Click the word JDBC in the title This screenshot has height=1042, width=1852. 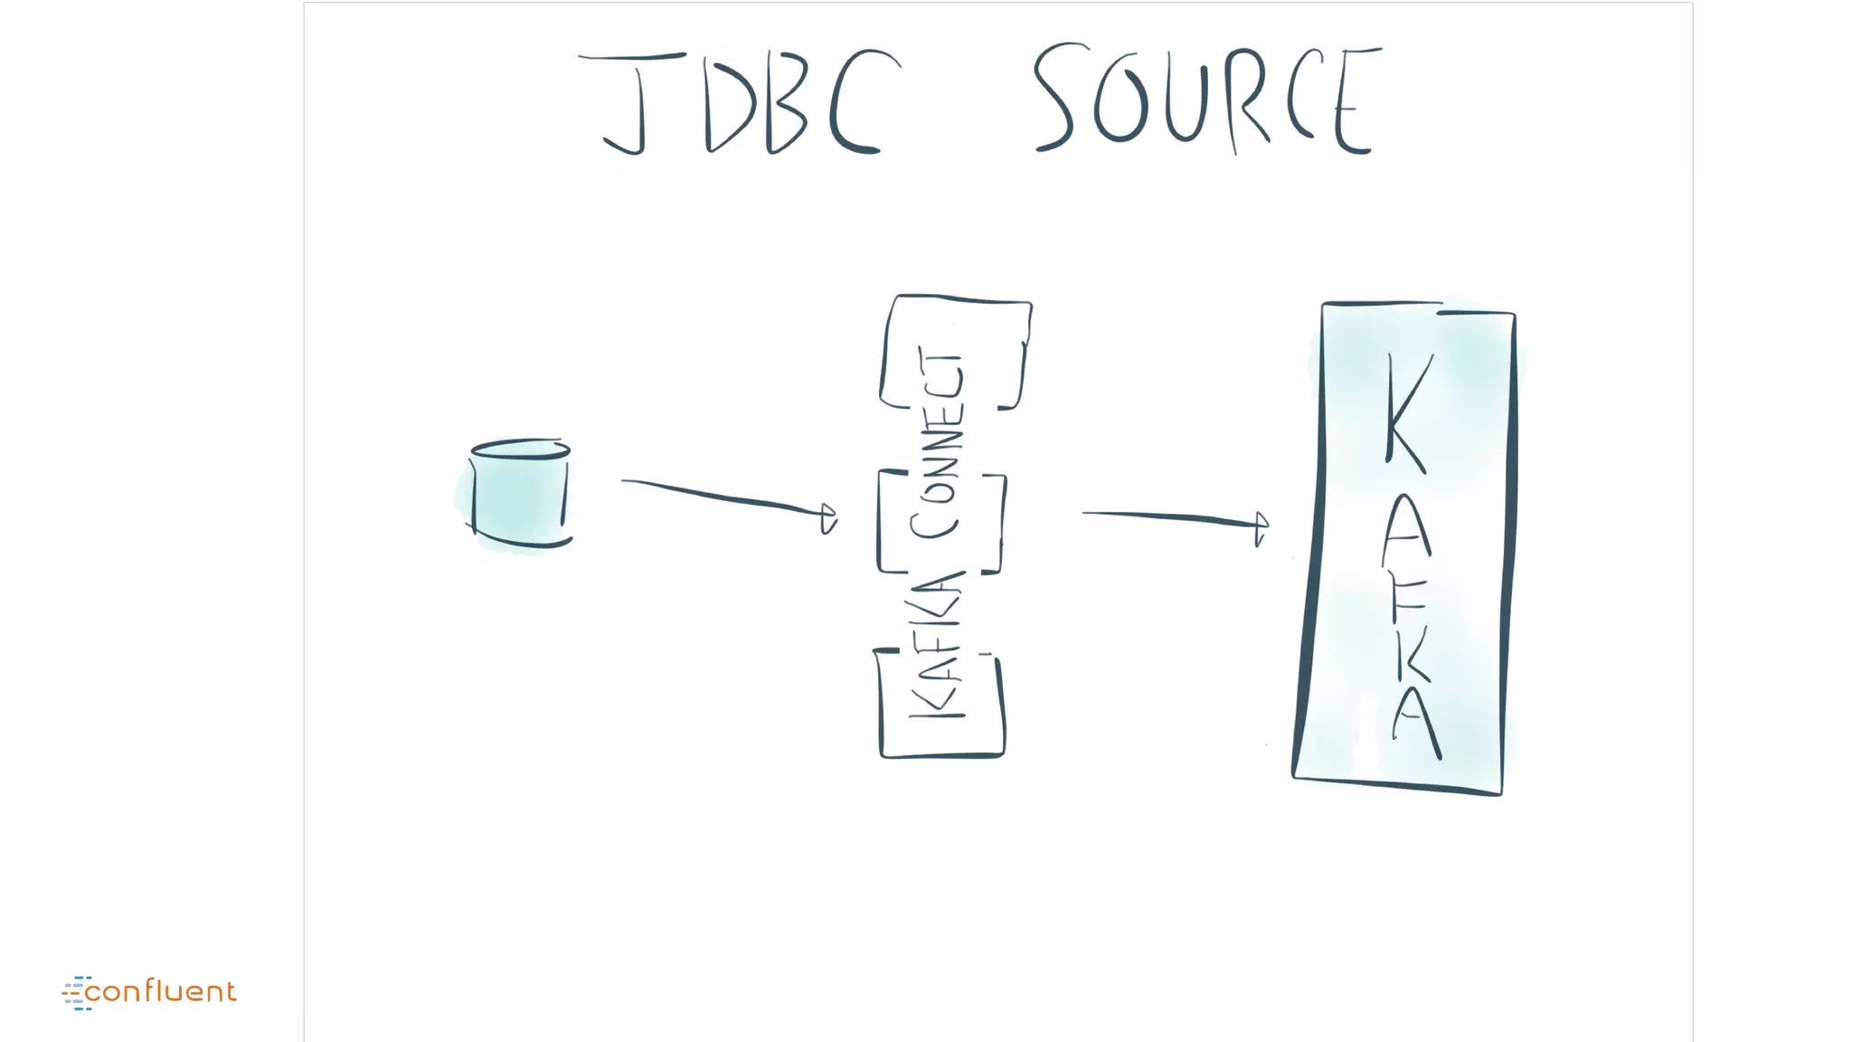tap(740, 102)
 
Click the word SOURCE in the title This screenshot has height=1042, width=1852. tap(1207, 99)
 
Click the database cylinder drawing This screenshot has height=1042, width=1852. tap(520, 494)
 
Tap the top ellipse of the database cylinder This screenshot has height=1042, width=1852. tap(520, 449)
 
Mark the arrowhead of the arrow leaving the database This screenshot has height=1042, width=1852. tap(828, 517)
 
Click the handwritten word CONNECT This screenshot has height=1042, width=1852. tap(939, 443)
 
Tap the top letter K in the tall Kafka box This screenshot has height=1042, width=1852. tap(1409, 412)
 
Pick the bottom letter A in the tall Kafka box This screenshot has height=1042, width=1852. tap(1416, 724)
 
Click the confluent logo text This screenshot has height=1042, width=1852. tap(160, 991)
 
